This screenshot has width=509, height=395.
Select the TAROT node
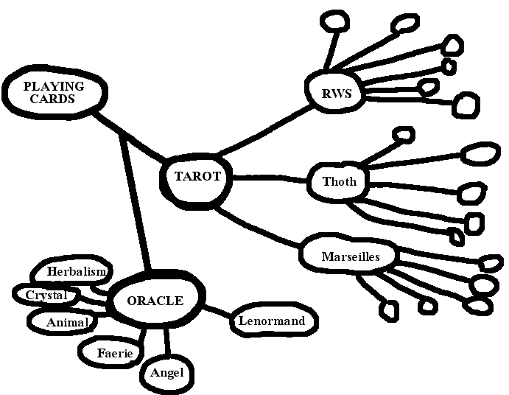pos(197,178)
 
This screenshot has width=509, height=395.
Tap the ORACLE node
pos(155,301)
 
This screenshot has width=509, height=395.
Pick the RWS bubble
pos(335,94)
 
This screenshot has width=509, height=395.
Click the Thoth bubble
pos(339,181)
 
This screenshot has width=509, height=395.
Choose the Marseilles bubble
pos(350,257)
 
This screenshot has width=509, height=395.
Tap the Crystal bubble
pos(46,296)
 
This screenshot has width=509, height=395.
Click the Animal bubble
pos(66,322)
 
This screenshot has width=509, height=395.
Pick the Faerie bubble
pos(114,353)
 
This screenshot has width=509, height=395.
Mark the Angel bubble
pos(166,372)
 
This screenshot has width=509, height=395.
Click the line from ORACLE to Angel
pos(167,342)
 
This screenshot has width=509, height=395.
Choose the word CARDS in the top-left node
pos(57,99)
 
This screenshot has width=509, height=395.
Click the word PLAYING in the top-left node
pos(54,85)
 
